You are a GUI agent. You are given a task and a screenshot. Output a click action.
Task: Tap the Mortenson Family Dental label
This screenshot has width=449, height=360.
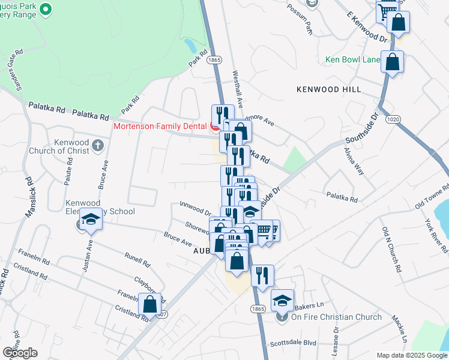click(x=160, y=127)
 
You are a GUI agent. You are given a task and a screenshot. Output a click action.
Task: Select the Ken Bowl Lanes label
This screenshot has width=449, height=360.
click(x=352, y=59)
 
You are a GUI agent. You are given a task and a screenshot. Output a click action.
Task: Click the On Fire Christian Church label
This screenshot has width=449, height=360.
click(x=336, y=317)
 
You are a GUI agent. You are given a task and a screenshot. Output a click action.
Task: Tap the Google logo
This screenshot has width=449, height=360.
click(x=20, y=353)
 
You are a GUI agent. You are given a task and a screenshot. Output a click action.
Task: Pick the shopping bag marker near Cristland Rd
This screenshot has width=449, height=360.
click(x=149, y=305)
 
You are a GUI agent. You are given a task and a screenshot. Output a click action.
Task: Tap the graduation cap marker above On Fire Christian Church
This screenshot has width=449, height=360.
click(x=283, y=299)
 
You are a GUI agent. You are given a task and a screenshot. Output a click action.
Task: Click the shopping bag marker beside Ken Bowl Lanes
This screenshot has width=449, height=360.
click(x=391, y=62)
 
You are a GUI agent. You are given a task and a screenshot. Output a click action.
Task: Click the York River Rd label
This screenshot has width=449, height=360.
click(x=436, y=231)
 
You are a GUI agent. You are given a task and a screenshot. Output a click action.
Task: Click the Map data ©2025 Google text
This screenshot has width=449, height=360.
click(x=412, y=355)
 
